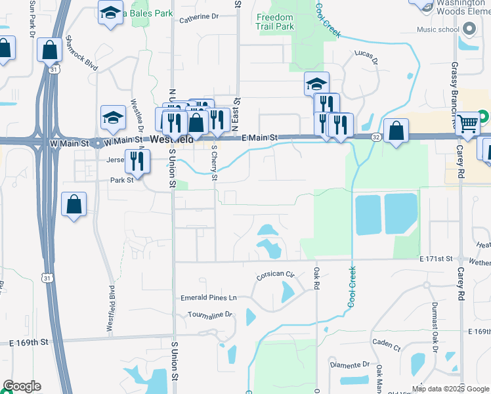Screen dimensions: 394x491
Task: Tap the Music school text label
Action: pyautogui.click(x=438, y=30)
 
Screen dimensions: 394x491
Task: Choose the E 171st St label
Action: pyautogui.click(x=437, y=260)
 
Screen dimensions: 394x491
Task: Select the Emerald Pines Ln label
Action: pyautogui.click(x=208, y=298)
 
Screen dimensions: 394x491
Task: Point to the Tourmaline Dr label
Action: pyautogui.click(x=209, y=315)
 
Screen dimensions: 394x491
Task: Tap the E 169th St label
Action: pyautogui.click(x=29, y=342)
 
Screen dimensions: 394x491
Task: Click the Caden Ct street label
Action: pyautogui.click(x=386, y=344)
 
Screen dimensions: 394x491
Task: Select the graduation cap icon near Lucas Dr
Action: pyautogui.click(x=316, y=83)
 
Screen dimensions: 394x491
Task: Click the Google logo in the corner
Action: pyautogui.click(x=22, y=386)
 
